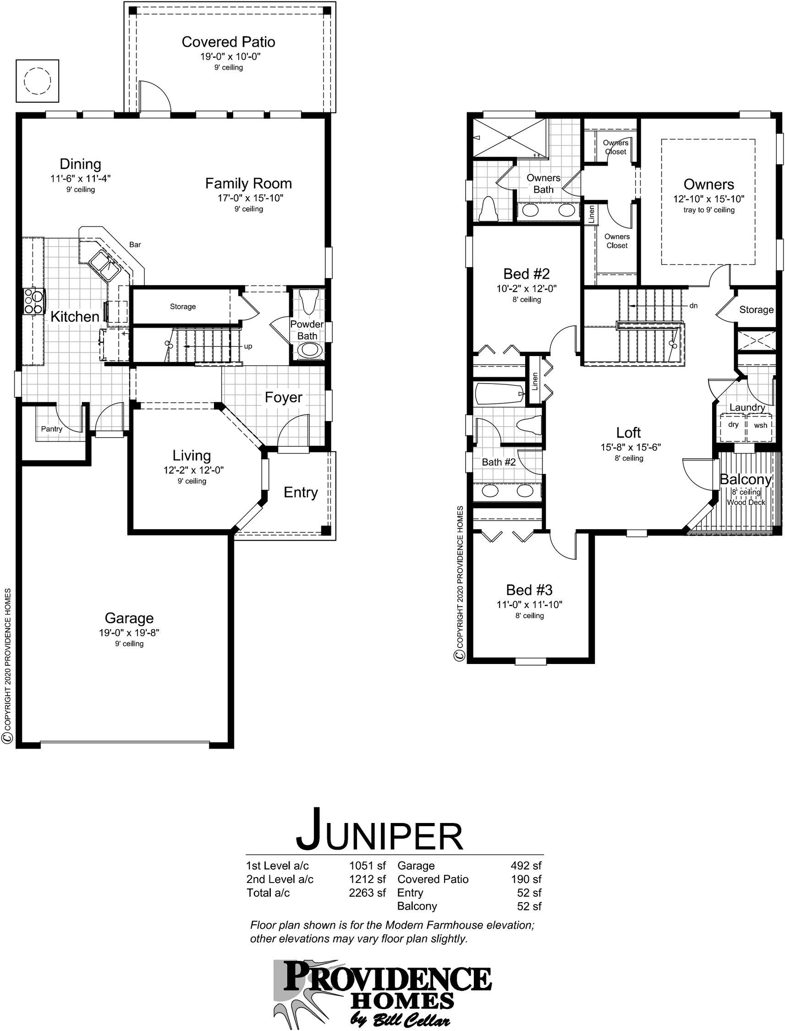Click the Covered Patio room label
click(228, 42)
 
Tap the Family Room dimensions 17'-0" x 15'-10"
click(250, 198)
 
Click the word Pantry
click(51, 429)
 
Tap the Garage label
click(129, 618)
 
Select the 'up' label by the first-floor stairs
click(248, 346)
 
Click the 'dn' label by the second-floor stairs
click(693, 306)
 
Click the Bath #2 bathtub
click(499, 394)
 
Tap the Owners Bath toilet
click(489, 210)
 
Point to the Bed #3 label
click(529, 590)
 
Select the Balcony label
click(745, 479)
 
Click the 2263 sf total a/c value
click(367, 893)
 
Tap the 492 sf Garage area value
click(526, 866)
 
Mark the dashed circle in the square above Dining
click(37, 80)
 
